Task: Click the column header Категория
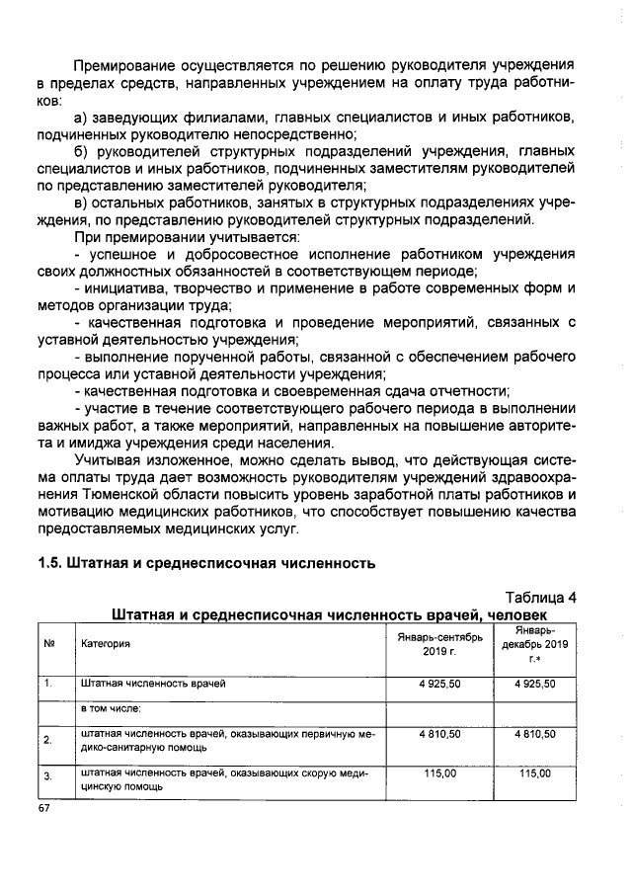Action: (x=106, y=644)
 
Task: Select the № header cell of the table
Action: (x=48, y=644)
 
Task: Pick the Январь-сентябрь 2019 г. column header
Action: (x=439, y=644)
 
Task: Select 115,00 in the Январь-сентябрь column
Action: (x=439, y=773)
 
